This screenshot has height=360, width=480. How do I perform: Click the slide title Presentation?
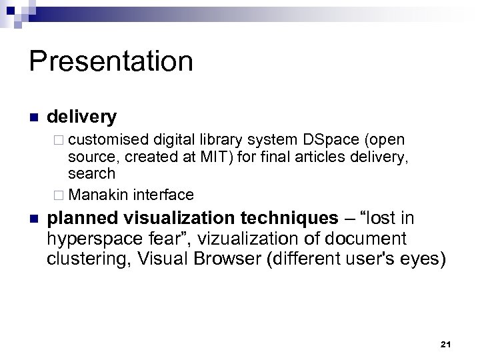(111, 62)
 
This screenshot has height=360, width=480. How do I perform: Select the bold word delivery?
(82, 117)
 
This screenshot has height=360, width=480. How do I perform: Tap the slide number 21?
(446, 344)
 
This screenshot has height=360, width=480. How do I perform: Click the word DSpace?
(331, 140)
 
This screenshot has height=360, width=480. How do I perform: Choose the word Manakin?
(99, 195)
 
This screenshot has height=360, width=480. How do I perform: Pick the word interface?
(163, 195)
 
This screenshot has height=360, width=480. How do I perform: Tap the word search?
(91, 174)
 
